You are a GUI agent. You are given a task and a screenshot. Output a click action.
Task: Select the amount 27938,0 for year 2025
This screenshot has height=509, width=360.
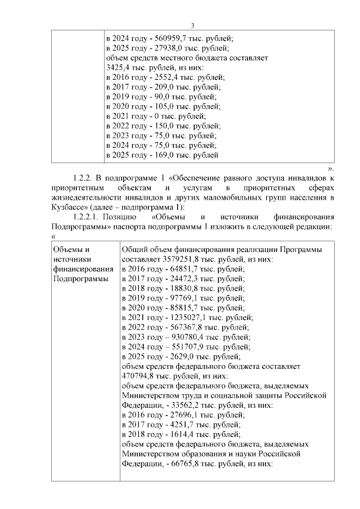click(x=160, y=48)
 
